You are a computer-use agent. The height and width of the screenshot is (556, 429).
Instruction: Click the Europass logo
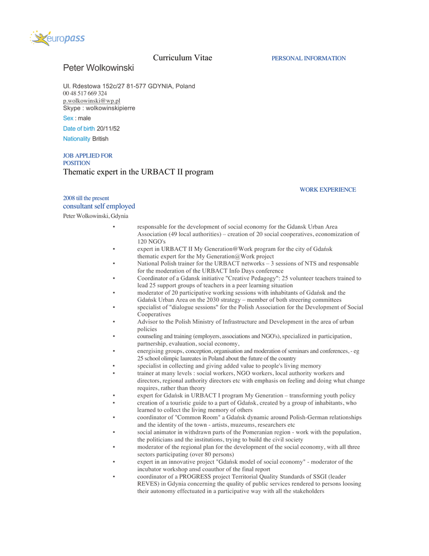(57, 38)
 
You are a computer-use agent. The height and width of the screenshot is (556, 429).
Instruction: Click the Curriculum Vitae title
(182, 58)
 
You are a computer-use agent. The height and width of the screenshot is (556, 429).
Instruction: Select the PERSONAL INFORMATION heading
(308, 59)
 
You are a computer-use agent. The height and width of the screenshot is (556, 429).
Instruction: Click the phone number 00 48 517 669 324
(85, 93)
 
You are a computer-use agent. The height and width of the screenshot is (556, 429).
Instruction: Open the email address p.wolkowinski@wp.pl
(92, 100)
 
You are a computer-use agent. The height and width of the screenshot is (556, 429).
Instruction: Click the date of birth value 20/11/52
(108, 129)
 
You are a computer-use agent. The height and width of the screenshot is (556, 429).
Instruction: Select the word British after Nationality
(100, 139)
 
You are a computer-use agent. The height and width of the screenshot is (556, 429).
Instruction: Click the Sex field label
(68, 118)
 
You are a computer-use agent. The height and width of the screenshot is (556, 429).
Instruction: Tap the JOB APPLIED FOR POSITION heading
(87, 159)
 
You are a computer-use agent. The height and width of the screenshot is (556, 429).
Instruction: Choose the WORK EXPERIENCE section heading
(328, 190)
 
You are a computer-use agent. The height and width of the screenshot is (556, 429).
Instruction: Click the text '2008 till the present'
(86, 198)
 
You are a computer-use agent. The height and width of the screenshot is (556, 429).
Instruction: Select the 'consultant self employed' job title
(99, 206)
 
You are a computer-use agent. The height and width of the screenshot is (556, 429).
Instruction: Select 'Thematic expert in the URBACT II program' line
(138, 172)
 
